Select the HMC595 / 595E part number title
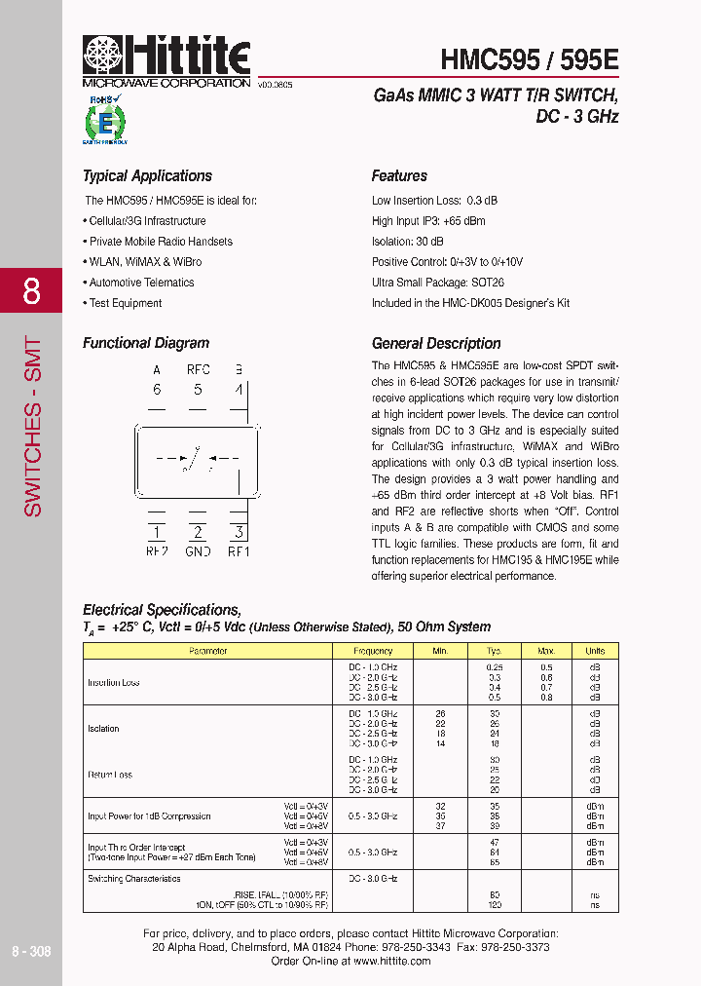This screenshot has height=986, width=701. [x=529, y=59]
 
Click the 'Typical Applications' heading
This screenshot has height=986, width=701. [x=147, y=176]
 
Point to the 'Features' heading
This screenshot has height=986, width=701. [x=399, y=176]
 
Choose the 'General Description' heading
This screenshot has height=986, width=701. [x=436, y=344]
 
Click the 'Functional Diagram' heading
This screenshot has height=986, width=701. [x=146, y=344]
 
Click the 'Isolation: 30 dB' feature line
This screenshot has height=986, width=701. [x=408, y=242]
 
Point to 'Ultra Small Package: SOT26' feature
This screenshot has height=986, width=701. [x=438, y=283]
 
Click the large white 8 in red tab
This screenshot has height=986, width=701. [x=31, y=290]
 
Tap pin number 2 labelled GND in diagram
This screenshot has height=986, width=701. [x=198, y=533]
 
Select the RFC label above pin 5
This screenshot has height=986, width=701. [x=198, y=370]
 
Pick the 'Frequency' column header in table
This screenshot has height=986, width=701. [x=373, y=651]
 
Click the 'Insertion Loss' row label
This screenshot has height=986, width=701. [x=114, y=683]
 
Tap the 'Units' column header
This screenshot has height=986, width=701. [x=595, y=651]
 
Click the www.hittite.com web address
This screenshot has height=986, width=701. [x=391, y=961]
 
